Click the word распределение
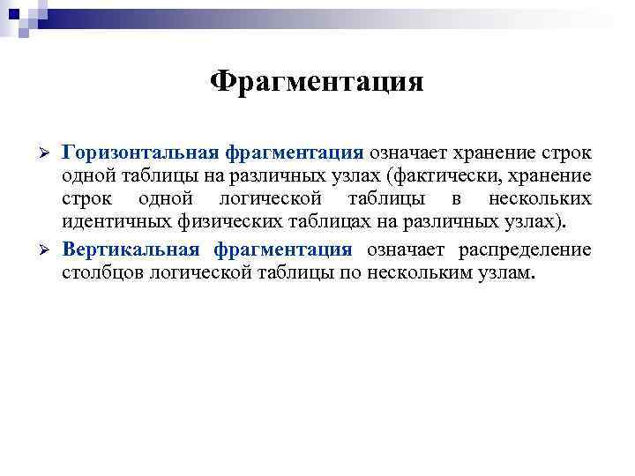point(526,249)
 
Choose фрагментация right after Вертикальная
point(283,249)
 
